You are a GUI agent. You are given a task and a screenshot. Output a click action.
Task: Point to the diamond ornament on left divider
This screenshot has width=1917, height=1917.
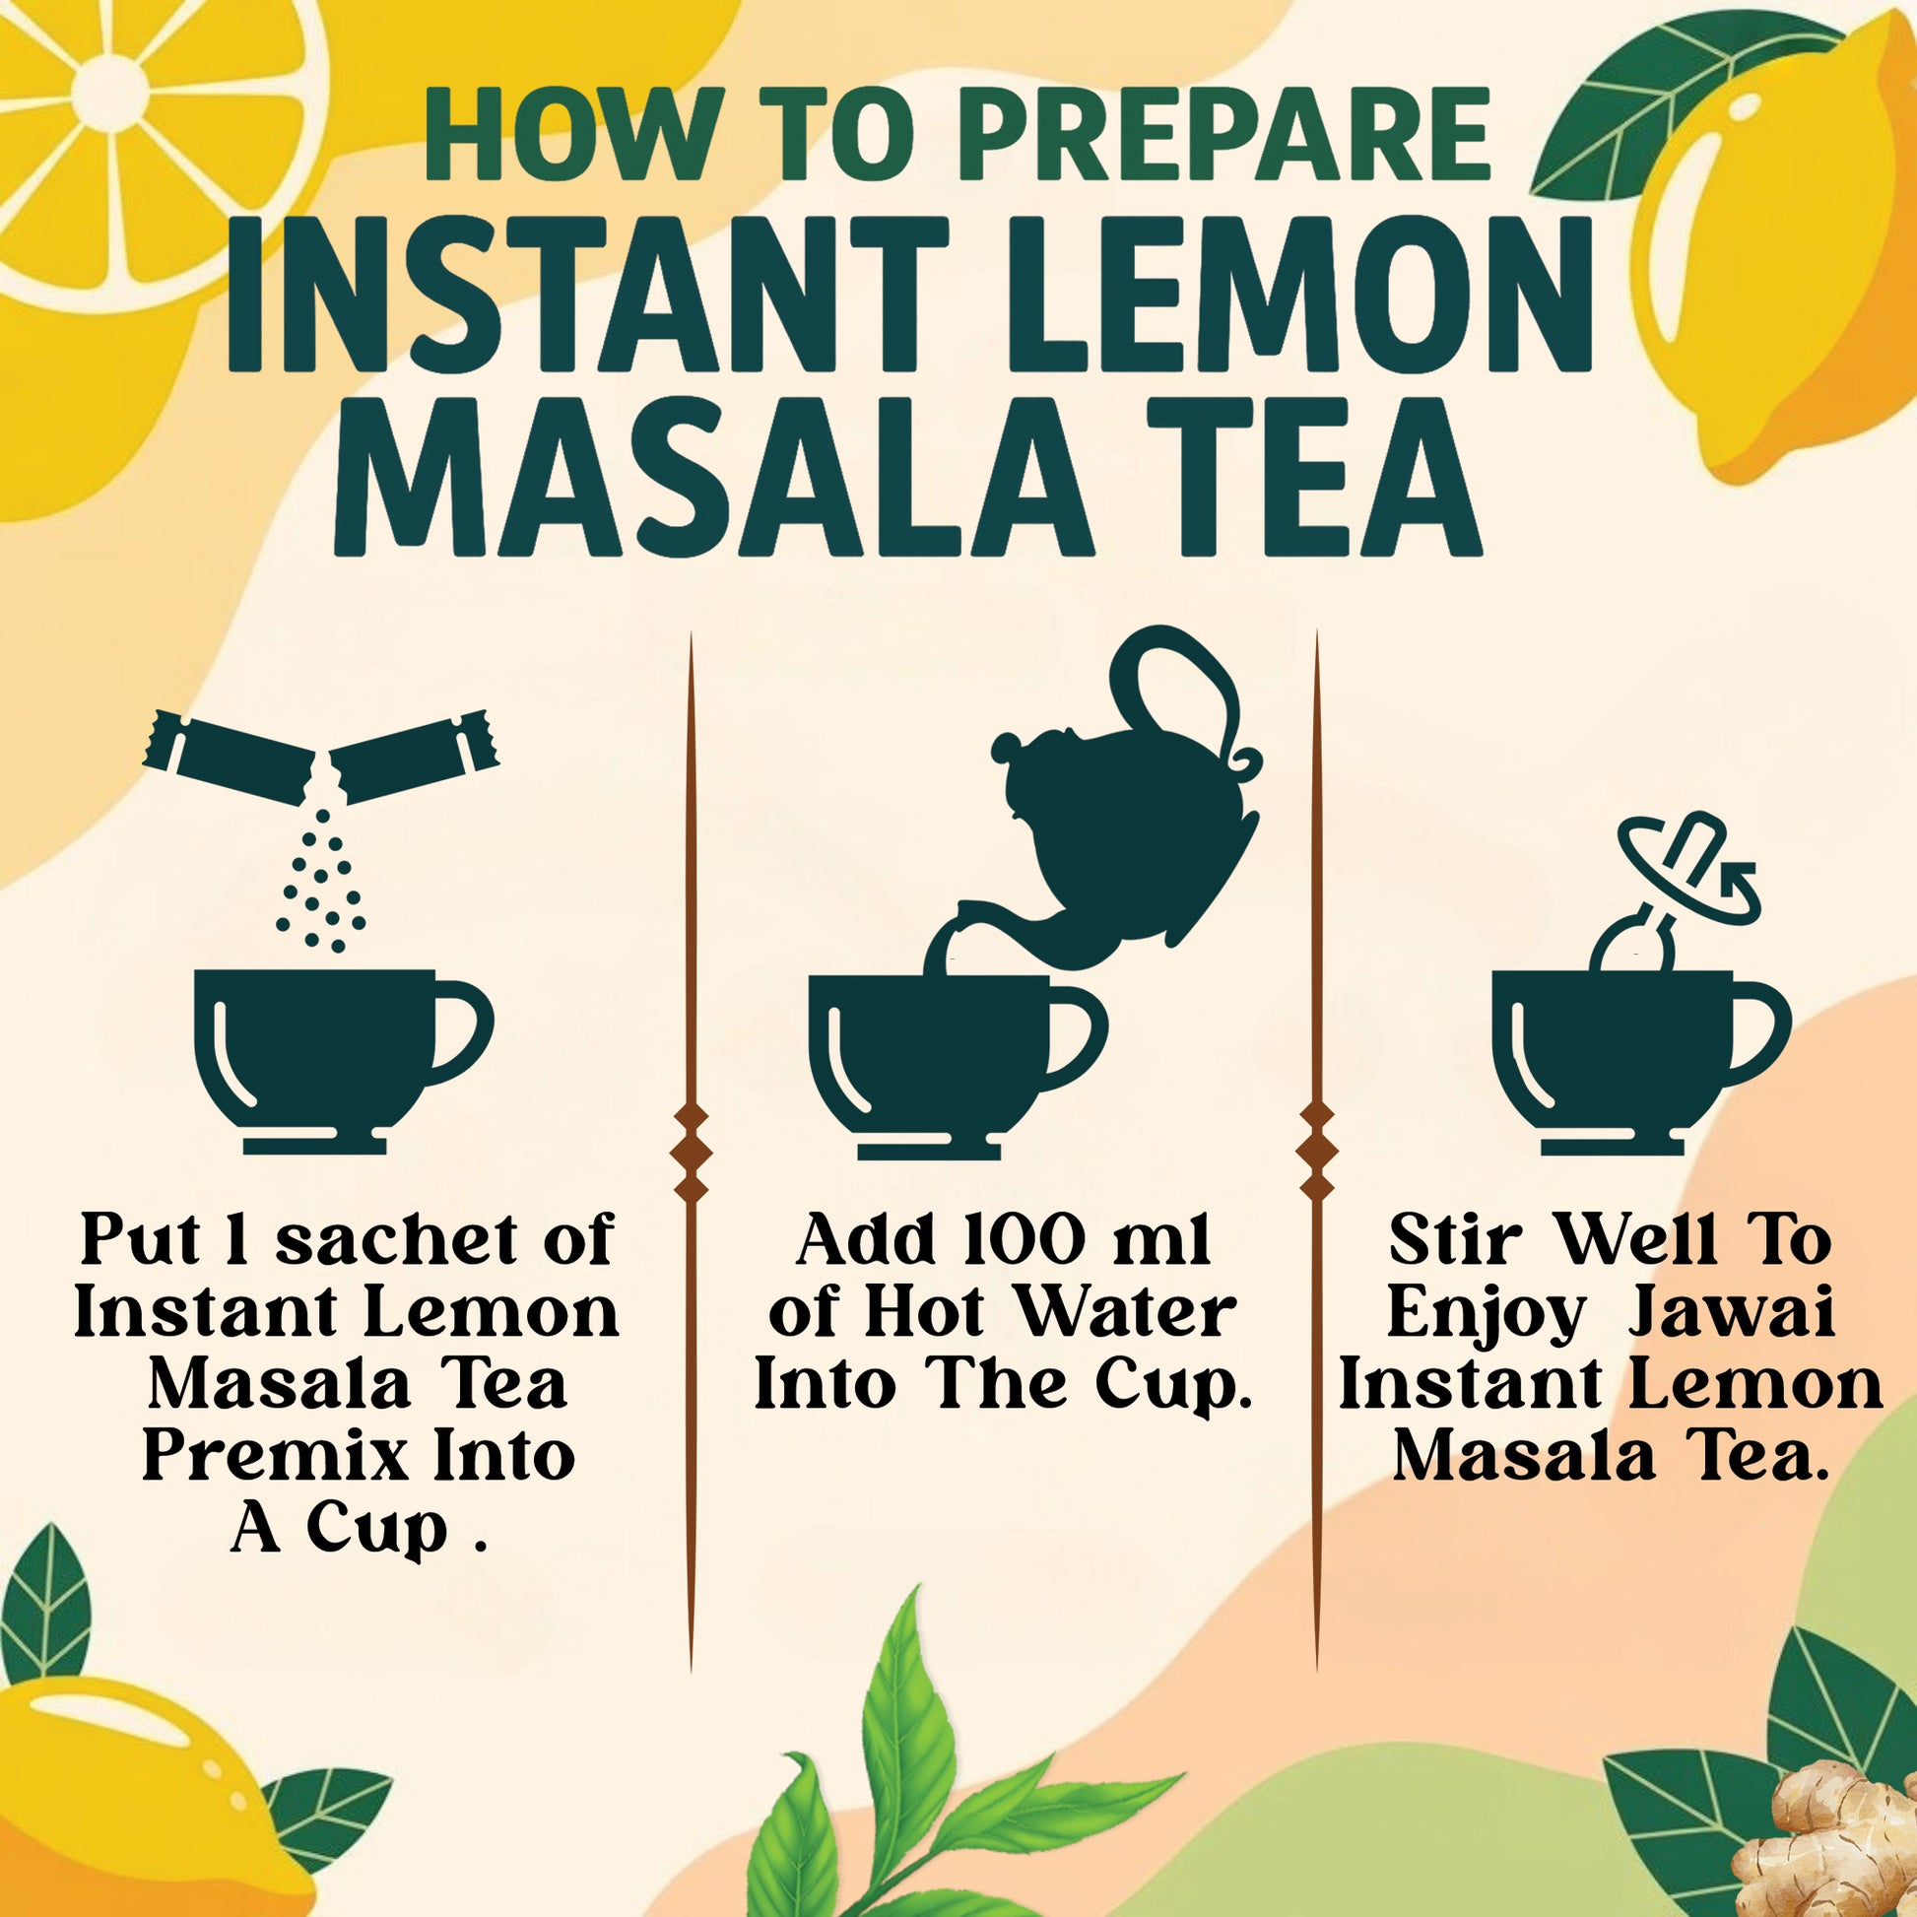pos(691,1152)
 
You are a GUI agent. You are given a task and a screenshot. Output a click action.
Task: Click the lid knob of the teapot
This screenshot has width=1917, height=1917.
pos(1004,745)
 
